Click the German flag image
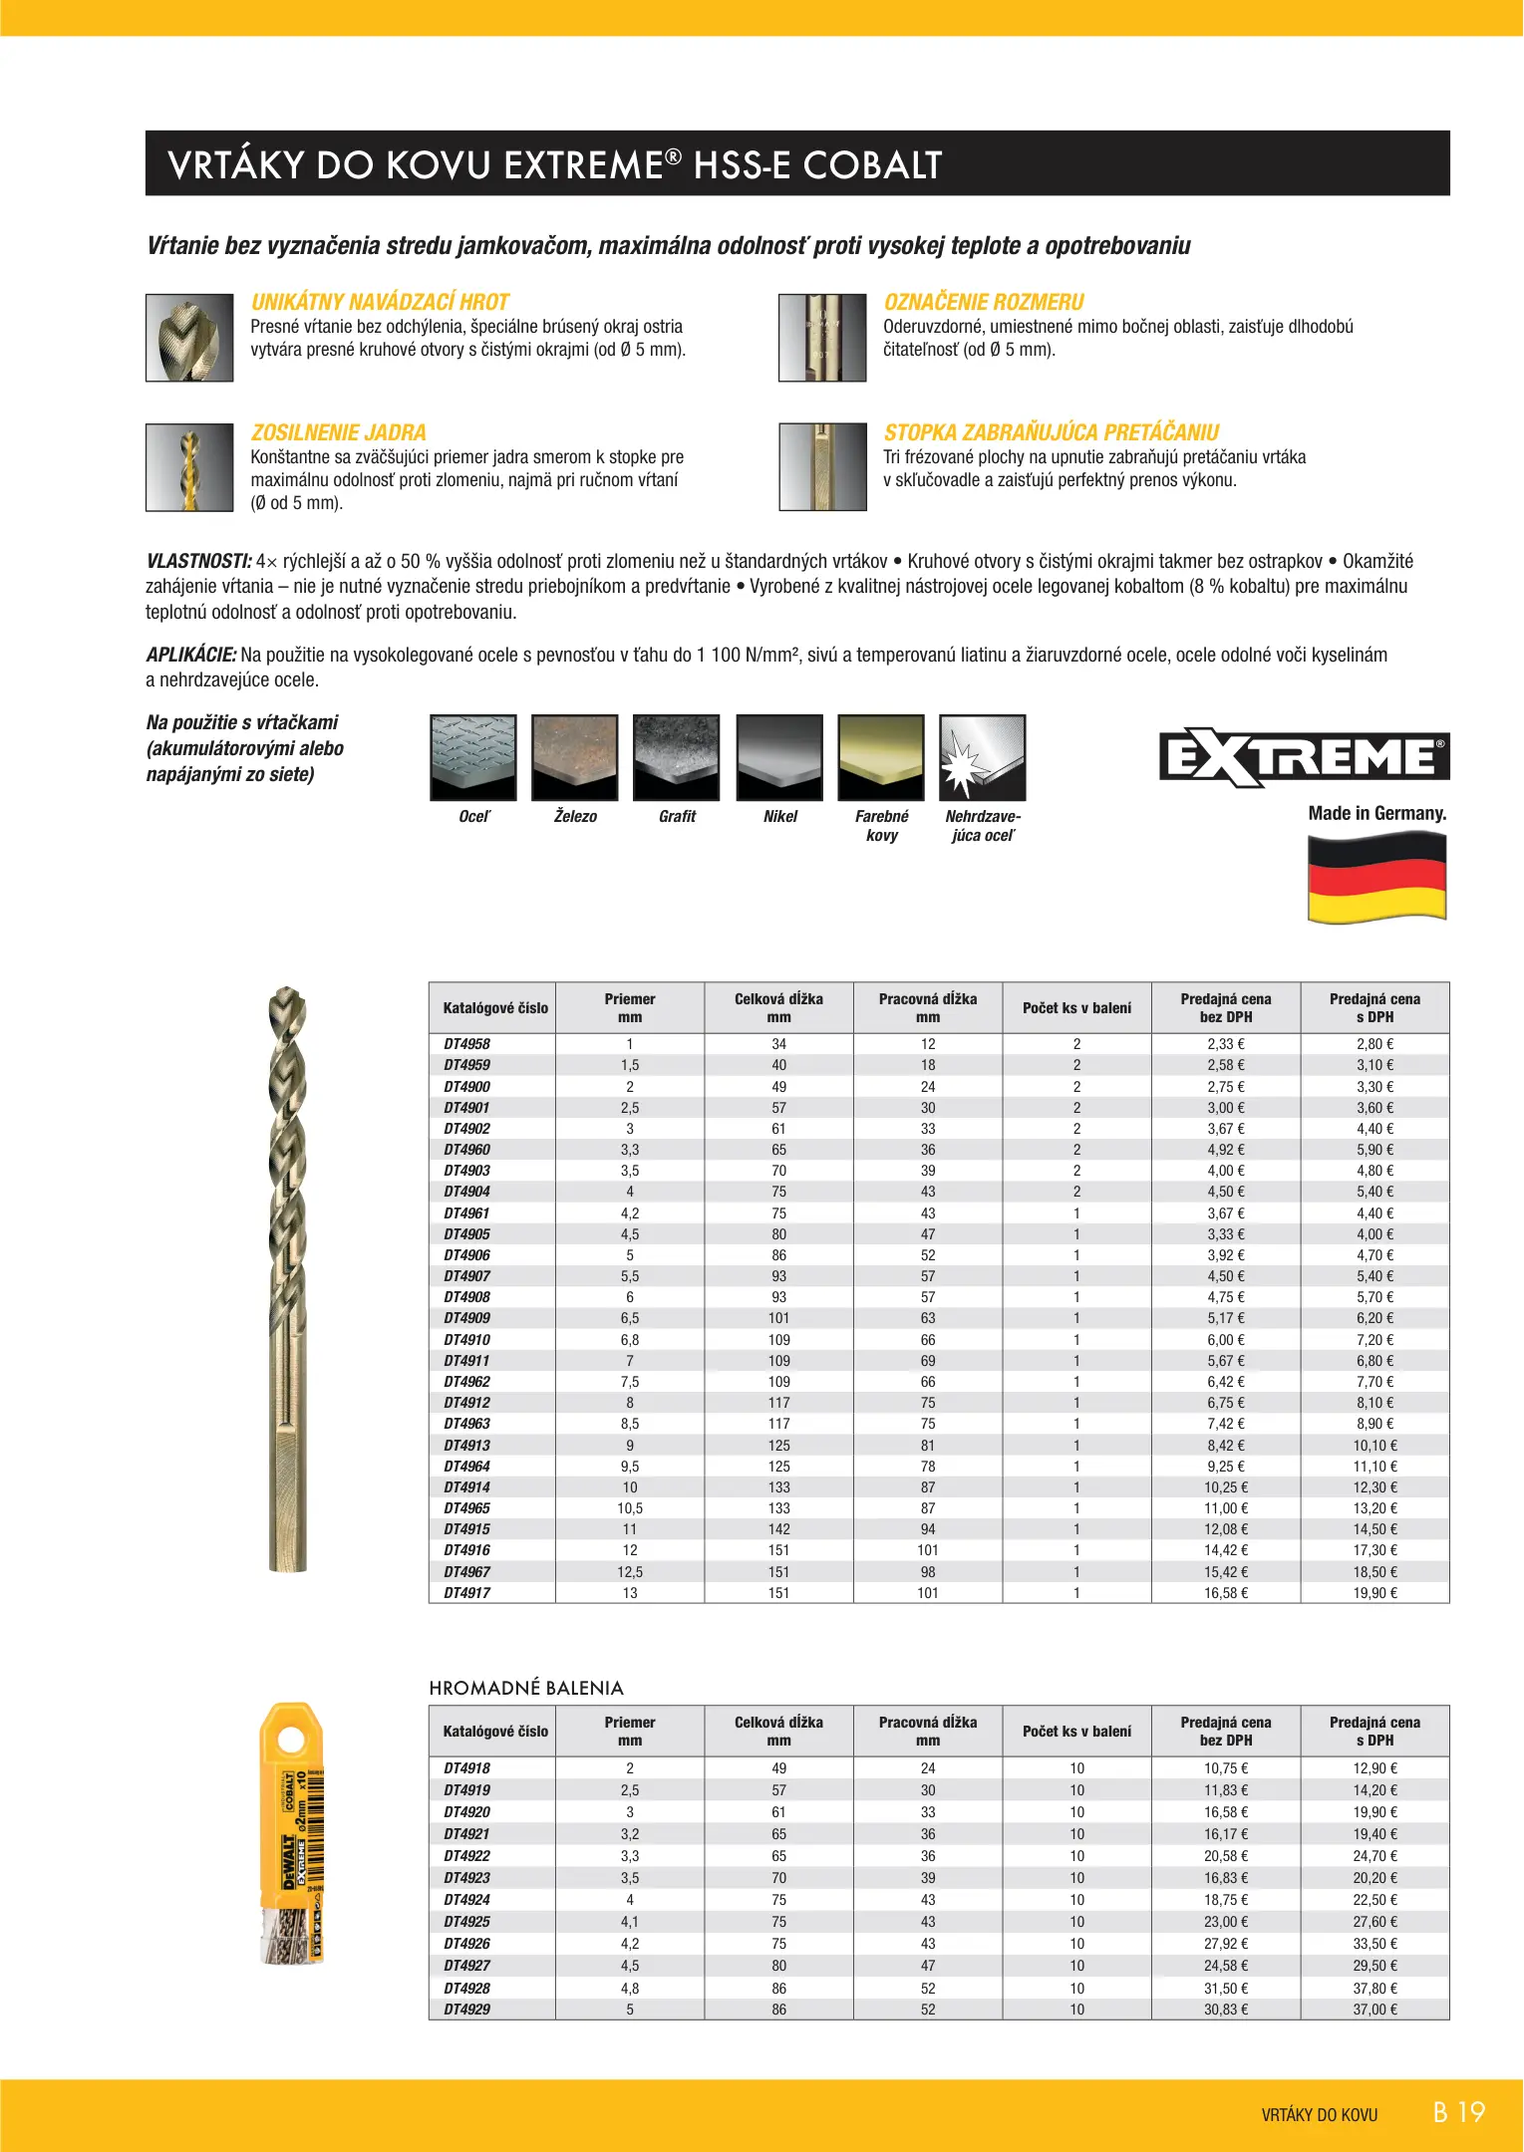1376,877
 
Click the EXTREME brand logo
1303,758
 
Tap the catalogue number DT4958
466,1044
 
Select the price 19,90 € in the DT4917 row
1374,1593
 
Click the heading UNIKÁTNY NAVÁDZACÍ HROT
380,302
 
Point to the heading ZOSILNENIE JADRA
339,432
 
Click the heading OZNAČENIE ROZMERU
984,302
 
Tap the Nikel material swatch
779,757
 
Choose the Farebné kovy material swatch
881,757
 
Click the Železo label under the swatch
575,817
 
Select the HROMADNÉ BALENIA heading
526,1688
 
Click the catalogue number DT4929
466,2010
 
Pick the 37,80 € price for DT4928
1374,1988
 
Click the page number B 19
1458,2112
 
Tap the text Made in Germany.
1376,813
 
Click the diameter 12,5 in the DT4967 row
630,1572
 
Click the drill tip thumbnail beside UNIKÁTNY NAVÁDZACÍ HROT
189,338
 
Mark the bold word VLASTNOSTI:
198,561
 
